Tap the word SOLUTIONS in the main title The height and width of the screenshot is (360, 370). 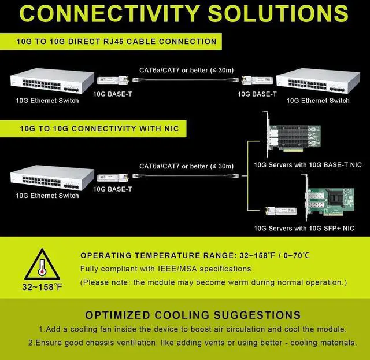pos(281,13)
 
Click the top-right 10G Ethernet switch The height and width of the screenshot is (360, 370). pos(317,81)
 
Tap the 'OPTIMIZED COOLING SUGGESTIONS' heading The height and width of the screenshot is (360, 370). pos(193,315)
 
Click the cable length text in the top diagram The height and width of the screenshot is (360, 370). pos(186,71)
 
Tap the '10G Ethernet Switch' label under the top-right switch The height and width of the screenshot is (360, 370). pos(318,101)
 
